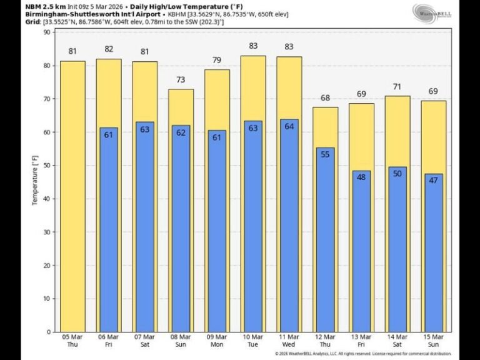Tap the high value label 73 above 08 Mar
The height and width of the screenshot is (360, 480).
[181, 81]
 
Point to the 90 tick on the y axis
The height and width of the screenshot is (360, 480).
[47, 32]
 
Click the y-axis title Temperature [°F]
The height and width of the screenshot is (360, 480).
[36, 181]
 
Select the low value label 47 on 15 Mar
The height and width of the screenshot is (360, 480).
[433, 179]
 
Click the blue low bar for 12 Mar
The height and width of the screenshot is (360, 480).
[325, 244]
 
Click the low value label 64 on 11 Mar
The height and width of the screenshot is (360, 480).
[289, 126]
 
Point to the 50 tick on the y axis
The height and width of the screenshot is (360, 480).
[47, 166]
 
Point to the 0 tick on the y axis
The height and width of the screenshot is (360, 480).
[49, 332]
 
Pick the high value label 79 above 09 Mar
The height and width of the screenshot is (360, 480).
[217, 61]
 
